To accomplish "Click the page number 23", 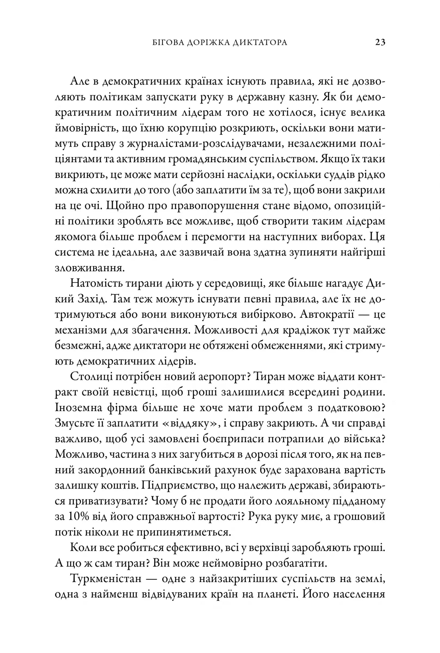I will (x=380, y=42).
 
